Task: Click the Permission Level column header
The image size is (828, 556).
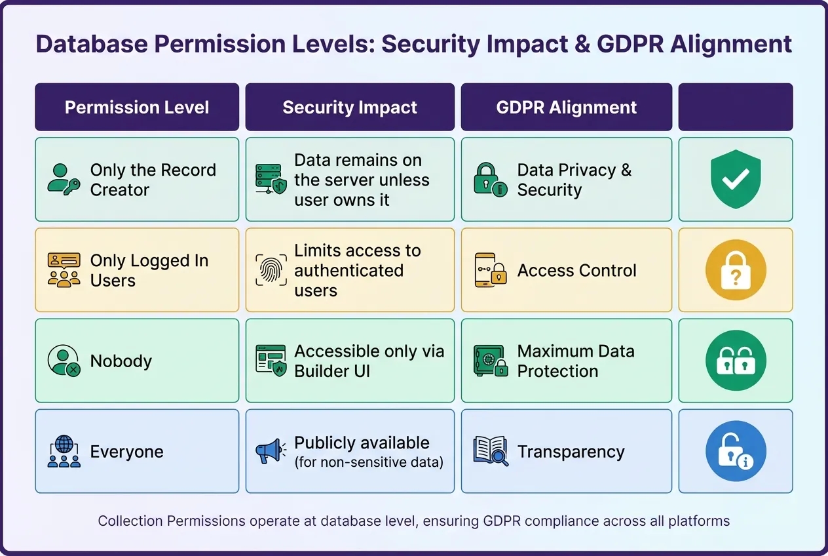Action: coord(137,108)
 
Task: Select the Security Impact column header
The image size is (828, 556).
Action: coord(350,108)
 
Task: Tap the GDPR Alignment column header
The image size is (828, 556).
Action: coord(566,108)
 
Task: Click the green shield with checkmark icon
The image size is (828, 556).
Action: coord(736,179)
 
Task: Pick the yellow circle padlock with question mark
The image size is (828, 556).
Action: coord(736,269)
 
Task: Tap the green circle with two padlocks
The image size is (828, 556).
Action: coord(736,361)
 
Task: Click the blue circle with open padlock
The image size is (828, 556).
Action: coord(736,451)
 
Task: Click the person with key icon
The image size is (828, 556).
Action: coord(64,179)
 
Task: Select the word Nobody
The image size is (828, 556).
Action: coord(121,361)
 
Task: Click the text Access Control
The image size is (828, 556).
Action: coord(576,271)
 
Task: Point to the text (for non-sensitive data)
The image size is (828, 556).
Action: coord(369,463)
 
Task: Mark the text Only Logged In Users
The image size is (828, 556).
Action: coord(149,270)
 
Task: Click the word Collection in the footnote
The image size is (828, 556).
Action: coord(130,521)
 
